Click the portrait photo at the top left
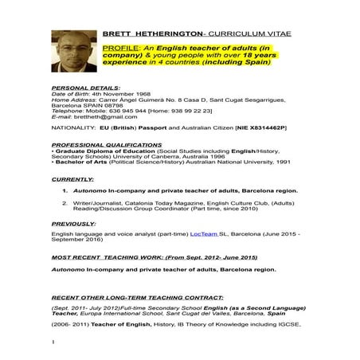(74, 51)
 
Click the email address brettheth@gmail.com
(104, 117)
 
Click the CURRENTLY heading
(72, 180)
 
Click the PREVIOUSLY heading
(74, 224)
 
